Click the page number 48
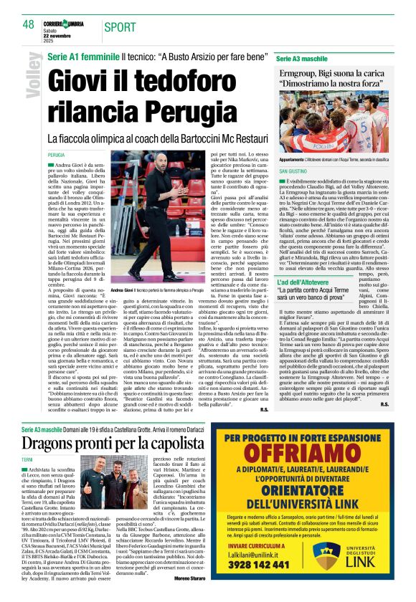pos(28,24)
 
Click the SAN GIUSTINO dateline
pos(294,173)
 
